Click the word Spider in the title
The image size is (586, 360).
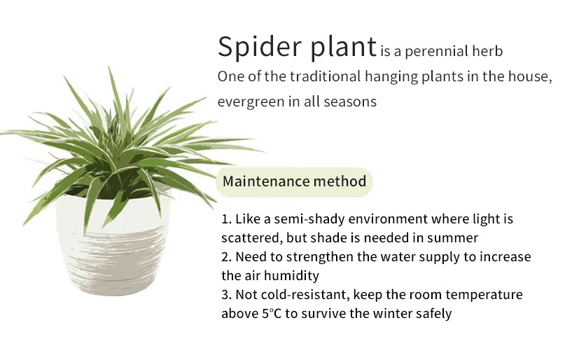259,47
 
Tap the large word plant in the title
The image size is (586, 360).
344,47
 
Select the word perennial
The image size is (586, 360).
436,52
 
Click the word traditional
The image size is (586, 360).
325,76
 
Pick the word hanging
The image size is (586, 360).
391,77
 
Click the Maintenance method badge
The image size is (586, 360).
295,182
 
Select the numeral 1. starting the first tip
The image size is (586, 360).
226,219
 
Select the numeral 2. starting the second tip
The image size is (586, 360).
227,257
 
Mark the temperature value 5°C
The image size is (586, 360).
272,314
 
